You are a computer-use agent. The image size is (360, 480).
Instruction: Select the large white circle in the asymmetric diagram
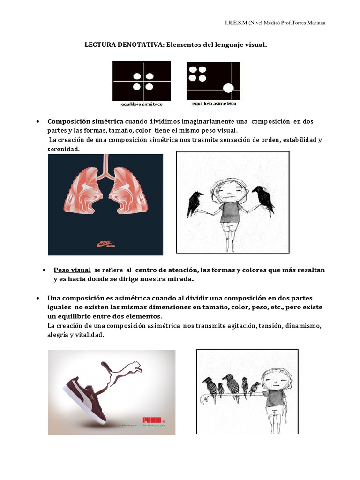point(228,87)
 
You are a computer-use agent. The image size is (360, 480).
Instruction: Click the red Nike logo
point(106,243)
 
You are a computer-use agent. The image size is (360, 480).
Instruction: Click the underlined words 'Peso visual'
point(72,270)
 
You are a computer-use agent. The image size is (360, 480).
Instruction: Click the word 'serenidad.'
point(64,149)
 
